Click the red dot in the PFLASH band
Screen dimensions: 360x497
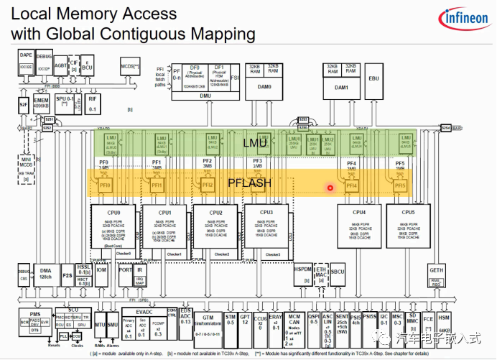(x=330, y=188)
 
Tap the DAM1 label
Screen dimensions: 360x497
(x=341, y=87)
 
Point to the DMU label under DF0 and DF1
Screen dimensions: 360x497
(x=205, y=94)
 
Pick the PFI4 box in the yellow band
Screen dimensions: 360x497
(x=351, y=186)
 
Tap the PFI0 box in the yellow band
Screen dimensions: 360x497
(x=105, y=186)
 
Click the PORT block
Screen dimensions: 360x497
(x=125, y=270)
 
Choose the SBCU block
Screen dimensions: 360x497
(x=338, y=272)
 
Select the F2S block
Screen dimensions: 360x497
(x=67, y=274)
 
